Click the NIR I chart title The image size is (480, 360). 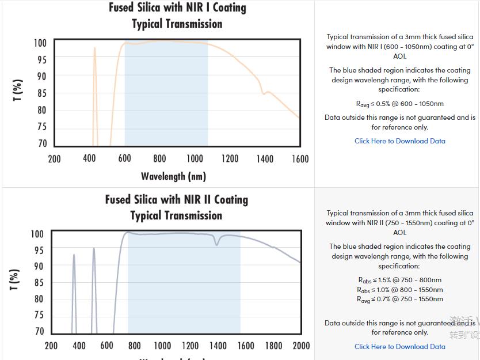point(177,16)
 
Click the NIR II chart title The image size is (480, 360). point(176,207)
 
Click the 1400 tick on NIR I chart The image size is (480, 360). point(264,159)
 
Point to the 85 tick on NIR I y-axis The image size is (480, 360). point(42,93)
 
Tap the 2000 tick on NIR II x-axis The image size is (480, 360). point(301,346)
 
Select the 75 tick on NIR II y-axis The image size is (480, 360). point(38,315)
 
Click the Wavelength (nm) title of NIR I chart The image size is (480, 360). point(173,176)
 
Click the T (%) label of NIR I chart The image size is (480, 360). point(18,90)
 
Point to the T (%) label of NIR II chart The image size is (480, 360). point(15,279)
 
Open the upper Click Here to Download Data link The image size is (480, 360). point(399,141)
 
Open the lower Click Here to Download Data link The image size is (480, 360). point(399,347)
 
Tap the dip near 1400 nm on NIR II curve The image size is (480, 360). point(217,243)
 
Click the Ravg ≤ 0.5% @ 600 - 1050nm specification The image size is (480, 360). point(399,104)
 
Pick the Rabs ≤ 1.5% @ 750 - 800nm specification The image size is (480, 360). point(399,281)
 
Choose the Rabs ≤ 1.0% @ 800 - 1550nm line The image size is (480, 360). point(399,290)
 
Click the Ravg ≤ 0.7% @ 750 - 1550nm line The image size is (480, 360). point(399,299)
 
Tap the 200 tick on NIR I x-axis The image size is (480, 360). point(54,159)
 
